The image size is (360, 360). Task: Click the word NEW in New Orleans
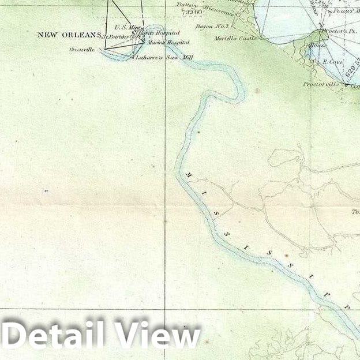pos(48,35)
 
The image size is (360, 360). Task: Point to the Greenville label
pos(81,50)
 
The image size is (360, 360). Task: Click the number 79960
pos(190,11)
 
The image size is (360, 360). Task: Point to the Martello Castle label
pos(236,38)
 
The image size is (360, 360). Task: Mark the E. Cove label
pos(333,61)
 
